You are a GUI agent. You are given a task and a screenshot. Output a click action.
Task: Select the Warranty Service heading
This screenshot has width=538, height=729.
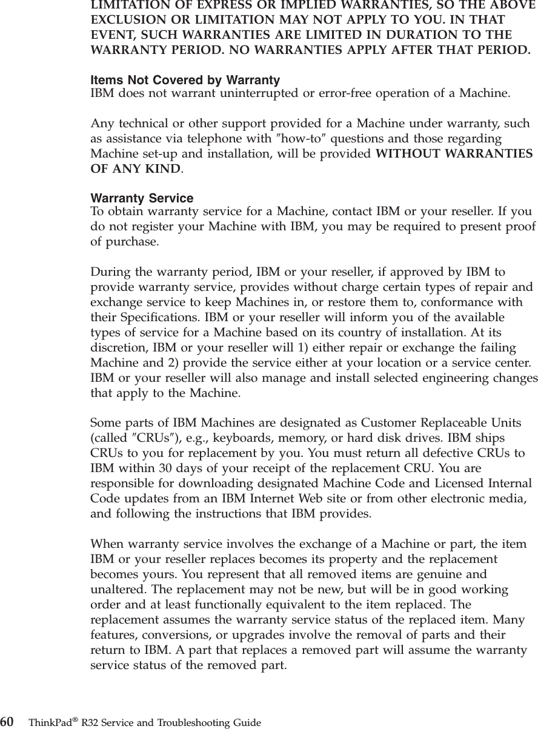142,198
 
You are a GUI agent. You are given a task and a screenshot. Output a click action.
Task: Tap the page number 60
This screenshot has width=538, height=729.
7,722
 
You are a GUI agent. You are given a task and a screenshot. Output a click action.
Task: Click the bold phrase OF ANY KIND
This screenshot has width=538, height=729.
134,168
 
